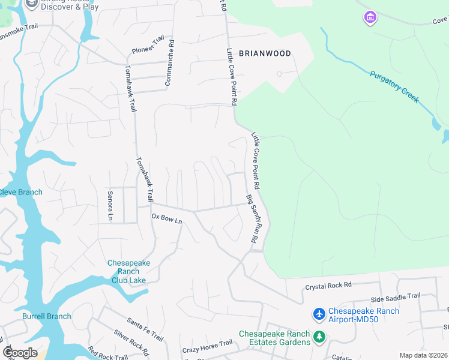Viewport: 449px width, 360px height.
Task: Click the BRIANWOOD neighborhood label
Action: point(265,53)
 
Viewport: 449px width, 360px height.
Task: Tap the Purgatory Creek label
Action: point(394,87)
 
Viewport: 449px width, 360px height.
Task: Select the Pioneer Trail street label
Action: point(148,45)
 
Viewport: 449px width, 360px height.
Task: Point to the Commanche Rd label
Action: point(170,63)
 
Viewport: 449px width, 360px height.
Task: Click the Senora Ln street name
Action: point(110,205)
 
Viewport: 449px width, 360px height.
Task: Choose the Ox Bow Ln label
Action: point(166,219)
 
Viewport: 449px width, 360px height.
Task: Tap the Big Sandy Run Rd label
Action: point(252,218)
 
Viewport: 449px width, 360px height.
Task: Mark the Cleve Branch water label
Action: point(21,192)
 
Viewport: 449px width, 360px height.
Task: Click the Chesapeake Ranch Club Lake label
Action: point(128,271)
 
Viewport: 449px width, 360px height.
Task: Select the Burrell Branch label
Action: point(46,316)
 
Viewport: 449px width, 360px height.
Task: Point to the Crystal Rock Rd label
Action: point(327,287)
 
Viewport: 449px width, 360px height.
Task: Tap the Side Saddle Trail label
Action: point(396,297)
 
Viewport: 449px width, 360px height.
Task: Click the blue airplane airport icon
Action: point(319,314)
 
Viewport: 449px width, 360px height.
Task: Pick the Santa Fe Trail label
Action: point(145,329)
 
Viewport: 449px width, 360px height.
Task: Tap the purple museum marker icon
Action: point(370,18)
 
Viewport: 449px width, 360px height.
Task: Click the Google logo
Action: point(20,352)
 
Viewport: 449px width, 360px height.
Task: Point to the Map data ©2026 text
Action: point(423,355)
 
